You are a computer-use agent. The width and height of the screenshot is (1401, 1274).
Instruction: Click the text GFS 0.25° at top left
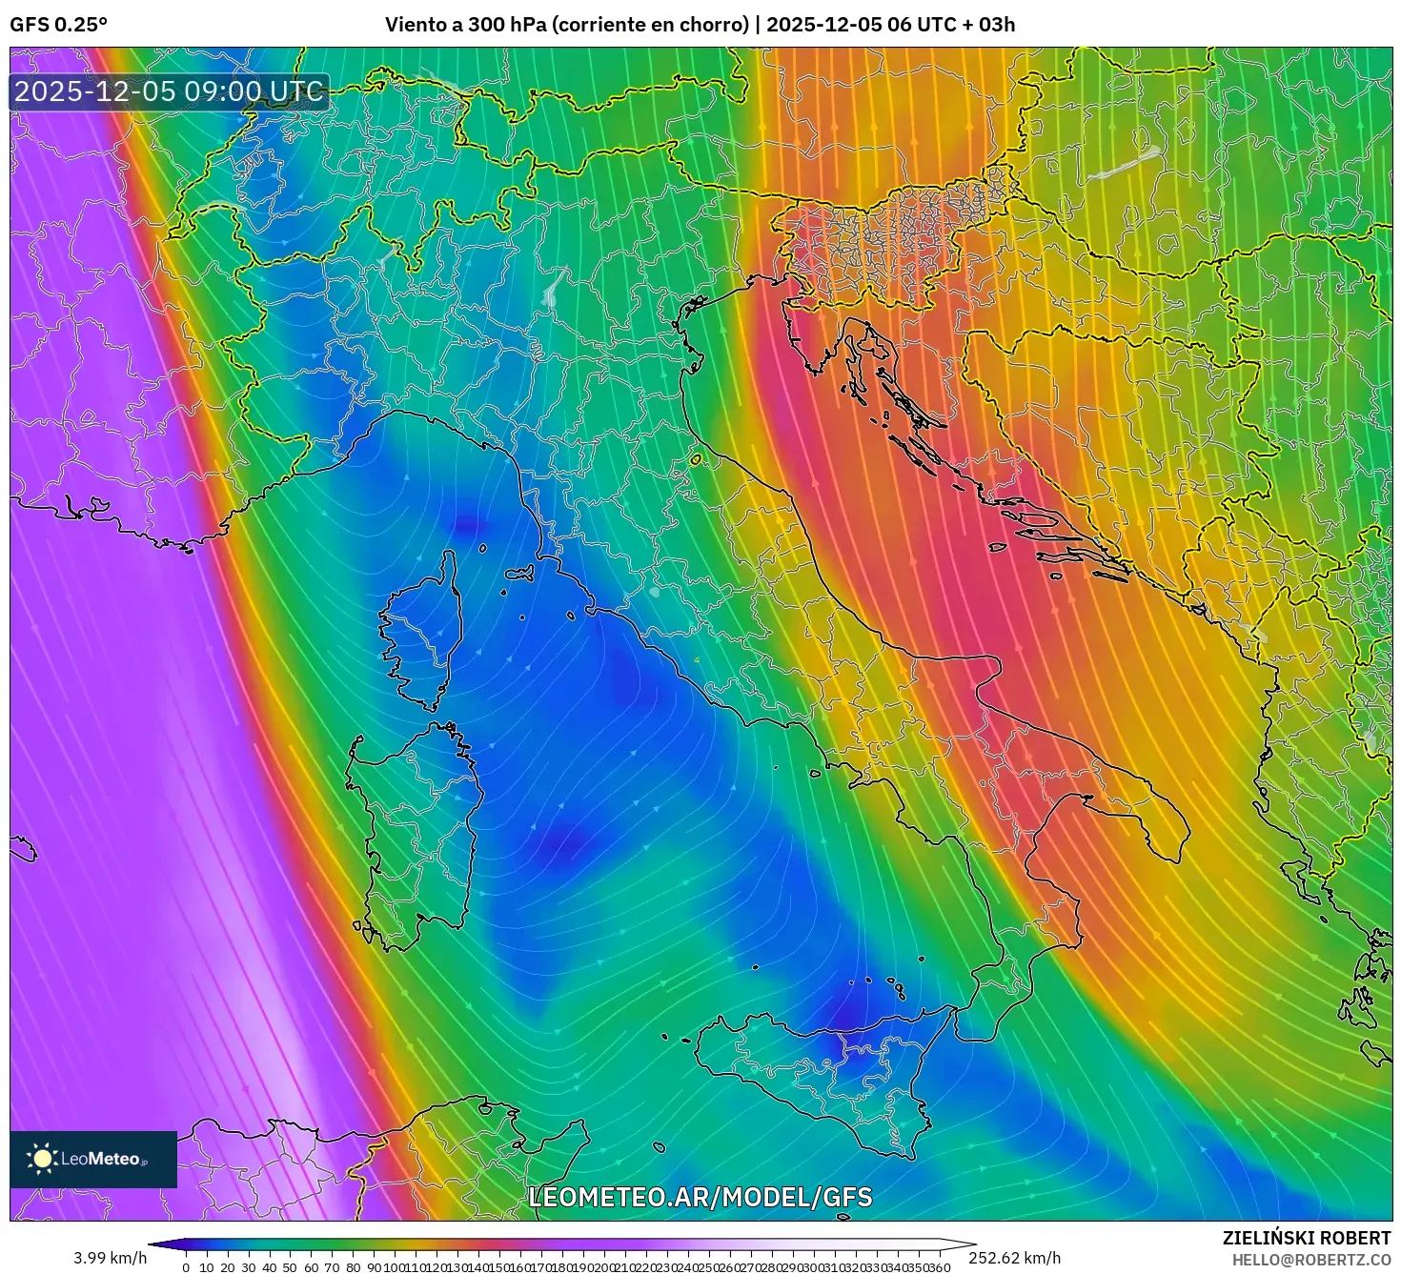[x=58, y=25]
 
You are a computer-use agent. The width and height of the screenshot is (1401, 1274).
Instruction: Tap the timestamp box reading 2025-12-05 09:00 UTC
[x=169, y=91]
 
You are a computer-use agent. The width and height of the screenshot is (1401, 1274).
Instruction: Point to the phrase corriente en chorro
[x=650, y=25]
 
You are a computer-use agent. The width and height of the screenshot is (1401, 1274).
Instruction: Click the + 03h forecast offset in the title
[x=990, y=25]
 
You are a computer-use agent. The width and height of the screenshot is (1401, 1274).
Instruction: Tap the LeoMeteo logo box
[x=93, y=1159]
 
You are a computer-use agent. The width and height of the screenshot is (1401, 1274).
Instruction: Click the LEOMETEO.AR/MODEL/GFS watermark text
[x=700, y=1197]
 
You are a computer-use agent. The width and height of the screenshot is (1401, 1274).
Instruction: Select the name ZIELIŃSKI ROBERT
[x=1307, y=1238]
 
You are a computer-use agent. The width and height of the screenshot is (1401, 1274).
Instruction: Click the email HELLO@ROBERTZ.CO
[x=1311, y=1260]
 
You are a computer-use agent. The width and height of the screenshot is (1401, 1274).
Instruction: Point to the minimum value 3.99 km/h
[x=111, y=1258]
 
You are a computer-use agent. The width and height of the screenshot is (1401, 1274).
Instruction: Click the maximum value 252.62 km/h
[x=1014, y=1258]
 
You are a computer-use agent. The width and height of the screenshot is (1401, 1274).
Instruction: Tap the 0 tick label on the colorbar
[x=186, y=1267]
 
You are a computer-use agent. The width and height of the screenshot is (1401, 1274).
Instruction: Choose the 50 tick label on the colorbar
[x=290, y=1267]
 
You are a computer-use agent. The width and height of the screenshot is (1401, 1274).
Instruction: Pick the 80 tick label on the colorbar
[x=353, y=1267]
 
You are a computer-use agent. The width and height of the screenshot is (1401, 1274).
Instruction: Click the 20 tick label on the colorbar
[x=227, y=1267]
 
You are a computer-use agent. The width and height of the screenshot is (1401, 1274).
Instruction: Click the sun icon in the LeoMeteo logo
[x=42, y=1159]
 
